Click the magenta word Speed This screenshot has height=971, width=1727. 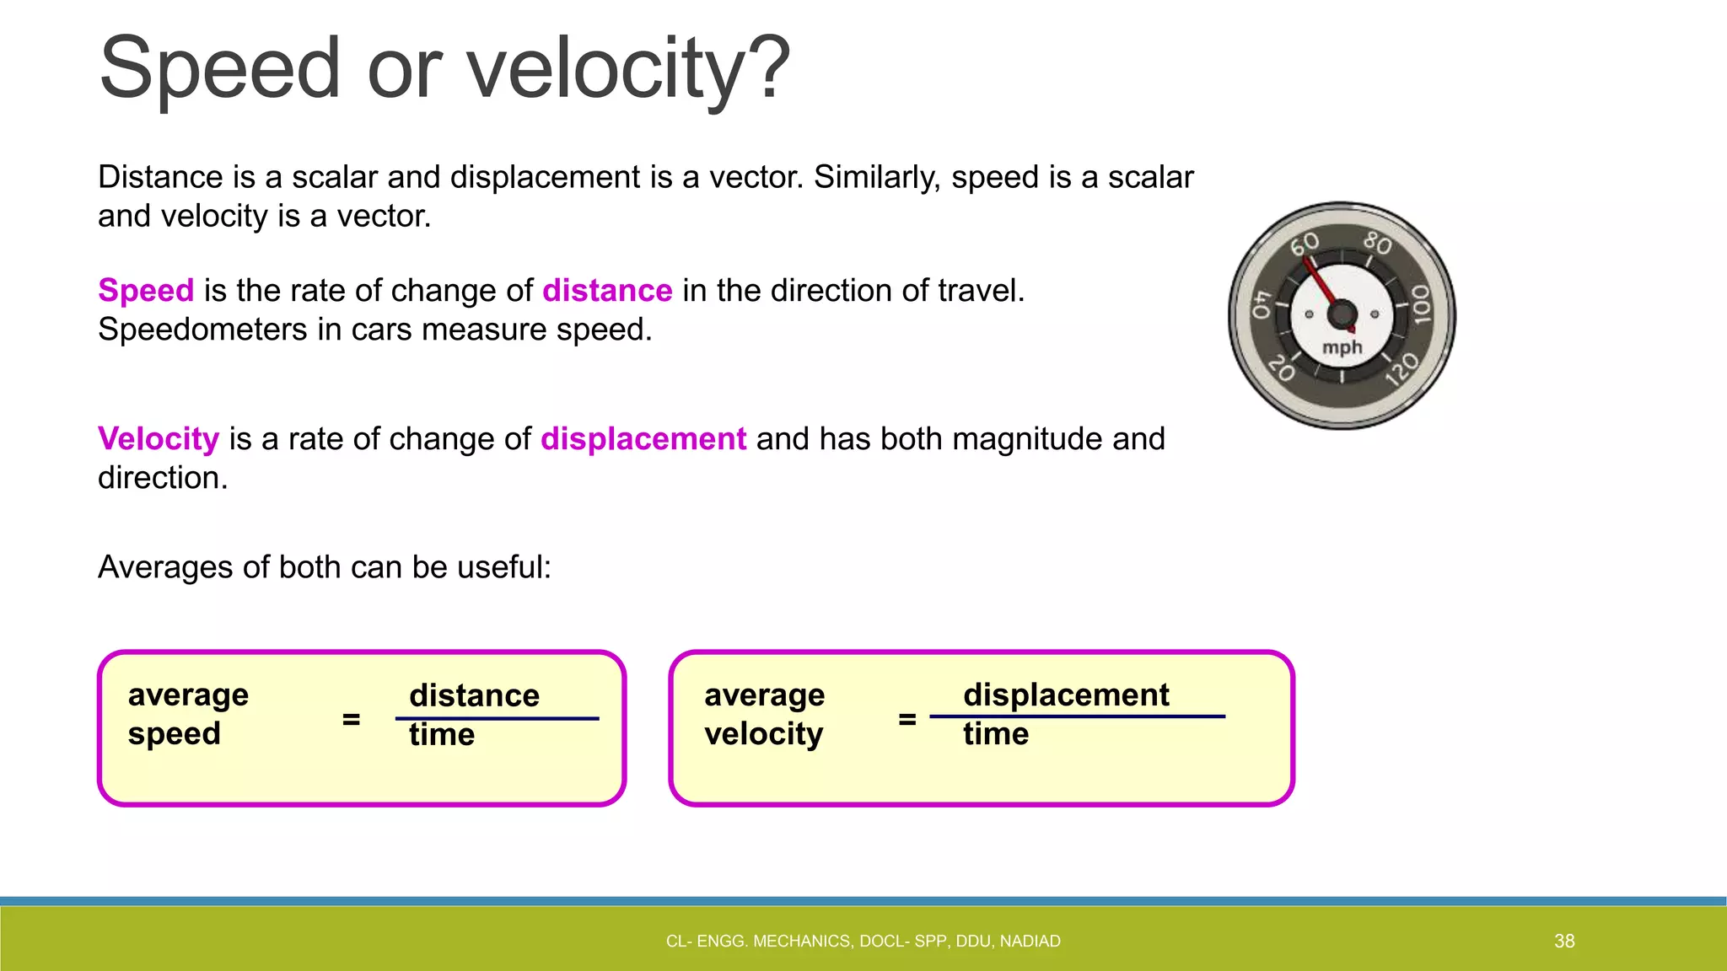pyautogui.click(x=146, y=291)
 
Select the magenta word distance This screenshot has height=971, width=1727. pyautogui.click(x=607, y=291)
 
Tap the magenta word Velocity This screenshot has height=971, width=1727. pyautogui.click(x=159, y=439)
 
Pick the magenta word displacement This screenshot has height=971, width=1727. pyautogui.click(x=643, y=439)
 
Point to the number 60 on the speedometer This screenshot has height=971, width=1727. pyautogui.click(x=1305, y=245)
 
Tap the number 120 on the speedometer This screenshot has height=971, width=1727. pyautogui.click(x=1402, y=369)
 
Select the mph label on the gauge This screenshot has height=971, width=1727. pyautogui.click(x=1342, y=347)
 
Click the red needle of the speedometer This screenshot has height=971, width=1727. pyautogui.click(x=1321, y=283)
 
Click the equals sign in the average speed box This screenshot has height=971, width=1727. pyautogui.click(x=351, y=719)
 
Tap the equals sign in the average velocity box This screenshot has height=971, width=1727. pyautogui.click(x=907, y=719)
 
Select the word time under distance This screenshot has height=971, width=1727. pyautogui.click(x=442, y=735)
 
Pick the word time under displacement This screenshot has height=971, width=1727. pyautogui.click(x=996, y=734)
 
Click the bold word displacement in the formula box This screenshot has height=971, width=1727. pyautogui.click(x=1066, y=695)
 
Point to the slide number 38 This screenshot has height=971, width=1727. pyautogui.click(x=1564, y=941)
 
